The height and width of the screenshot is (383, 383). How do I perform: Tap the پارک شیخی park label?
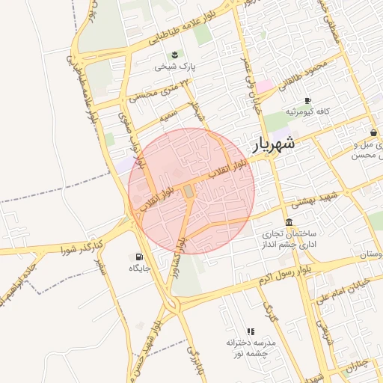point(174,67)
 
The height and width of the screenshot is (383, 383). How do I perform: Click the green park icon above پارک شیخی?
point(175,54)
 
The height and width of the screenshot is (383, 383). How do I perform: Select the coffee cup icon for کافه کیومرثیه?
point(307,101)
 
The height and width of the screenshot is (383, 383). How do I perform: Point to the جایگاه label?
point(140,268)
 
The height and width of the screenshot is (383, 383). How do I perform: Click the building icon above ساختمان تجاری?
point(289,222)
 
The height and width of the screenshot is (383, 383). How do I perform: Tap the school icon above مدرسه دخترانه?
point(251,331)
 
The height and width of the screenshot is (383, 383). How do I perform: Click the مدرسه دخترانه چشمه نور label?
point(251,346)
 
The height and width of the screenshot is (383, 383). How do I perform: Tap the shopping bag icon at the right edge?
point(373,133)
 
